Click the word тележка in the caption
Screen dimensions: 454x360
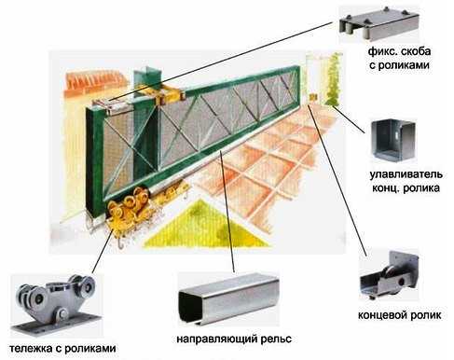(31, 348)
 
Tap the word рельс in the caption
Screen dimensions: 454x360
(275, 339)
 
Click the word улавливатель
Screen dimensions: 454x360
(406, 174)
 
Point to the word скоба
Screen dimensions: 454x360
(416, 51)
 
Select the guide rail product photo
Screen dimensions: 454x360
(228, 298)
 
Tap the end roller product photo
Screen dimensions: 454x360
(390, 274)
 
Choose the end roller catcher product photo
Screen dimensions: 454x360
(394, 142)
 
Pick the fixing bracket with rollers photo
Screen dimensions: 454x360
(379, 25)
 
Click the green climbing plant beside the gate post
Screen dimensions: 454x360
(332, 80)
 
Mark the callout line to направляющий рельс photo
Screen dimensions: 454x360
(227, 212)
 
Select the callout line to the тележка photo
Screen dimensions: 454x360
(102, 253)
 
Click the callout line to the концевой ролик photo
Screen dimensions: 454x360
(337, 181)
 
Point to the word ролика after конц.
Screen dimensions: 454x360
(423, 188)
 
